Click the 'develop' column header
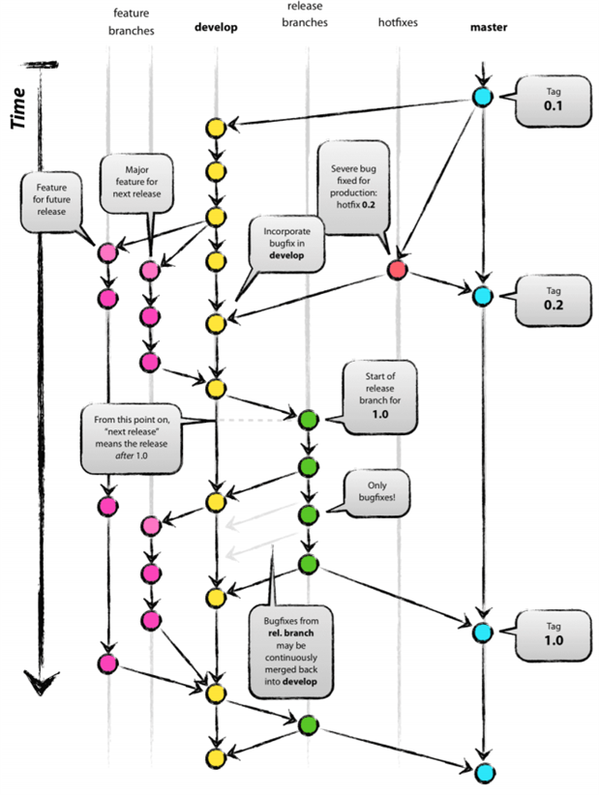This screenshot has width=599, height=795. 216,27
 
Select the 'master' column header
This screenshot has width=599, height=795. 489,27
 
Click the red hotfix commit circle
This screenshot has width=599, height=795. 396,271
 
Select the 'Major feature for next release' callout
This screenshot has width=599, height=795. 135,180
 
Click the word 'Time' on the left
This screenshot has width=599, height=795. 18,109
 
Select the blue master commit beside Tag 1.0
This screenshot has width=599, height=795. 482,632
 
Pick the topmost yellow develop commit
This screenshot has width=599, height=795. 215,128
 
